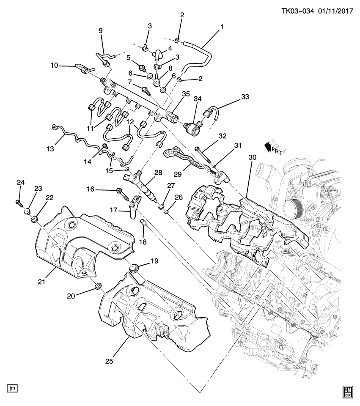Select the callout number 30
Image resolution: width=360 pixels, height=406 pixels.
[x=253, y=157]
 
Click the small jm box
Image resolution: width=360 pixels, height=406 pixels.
[x=12, y=387]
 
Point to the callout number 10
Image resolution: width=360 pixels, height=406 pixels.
[x=55, y=66]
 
